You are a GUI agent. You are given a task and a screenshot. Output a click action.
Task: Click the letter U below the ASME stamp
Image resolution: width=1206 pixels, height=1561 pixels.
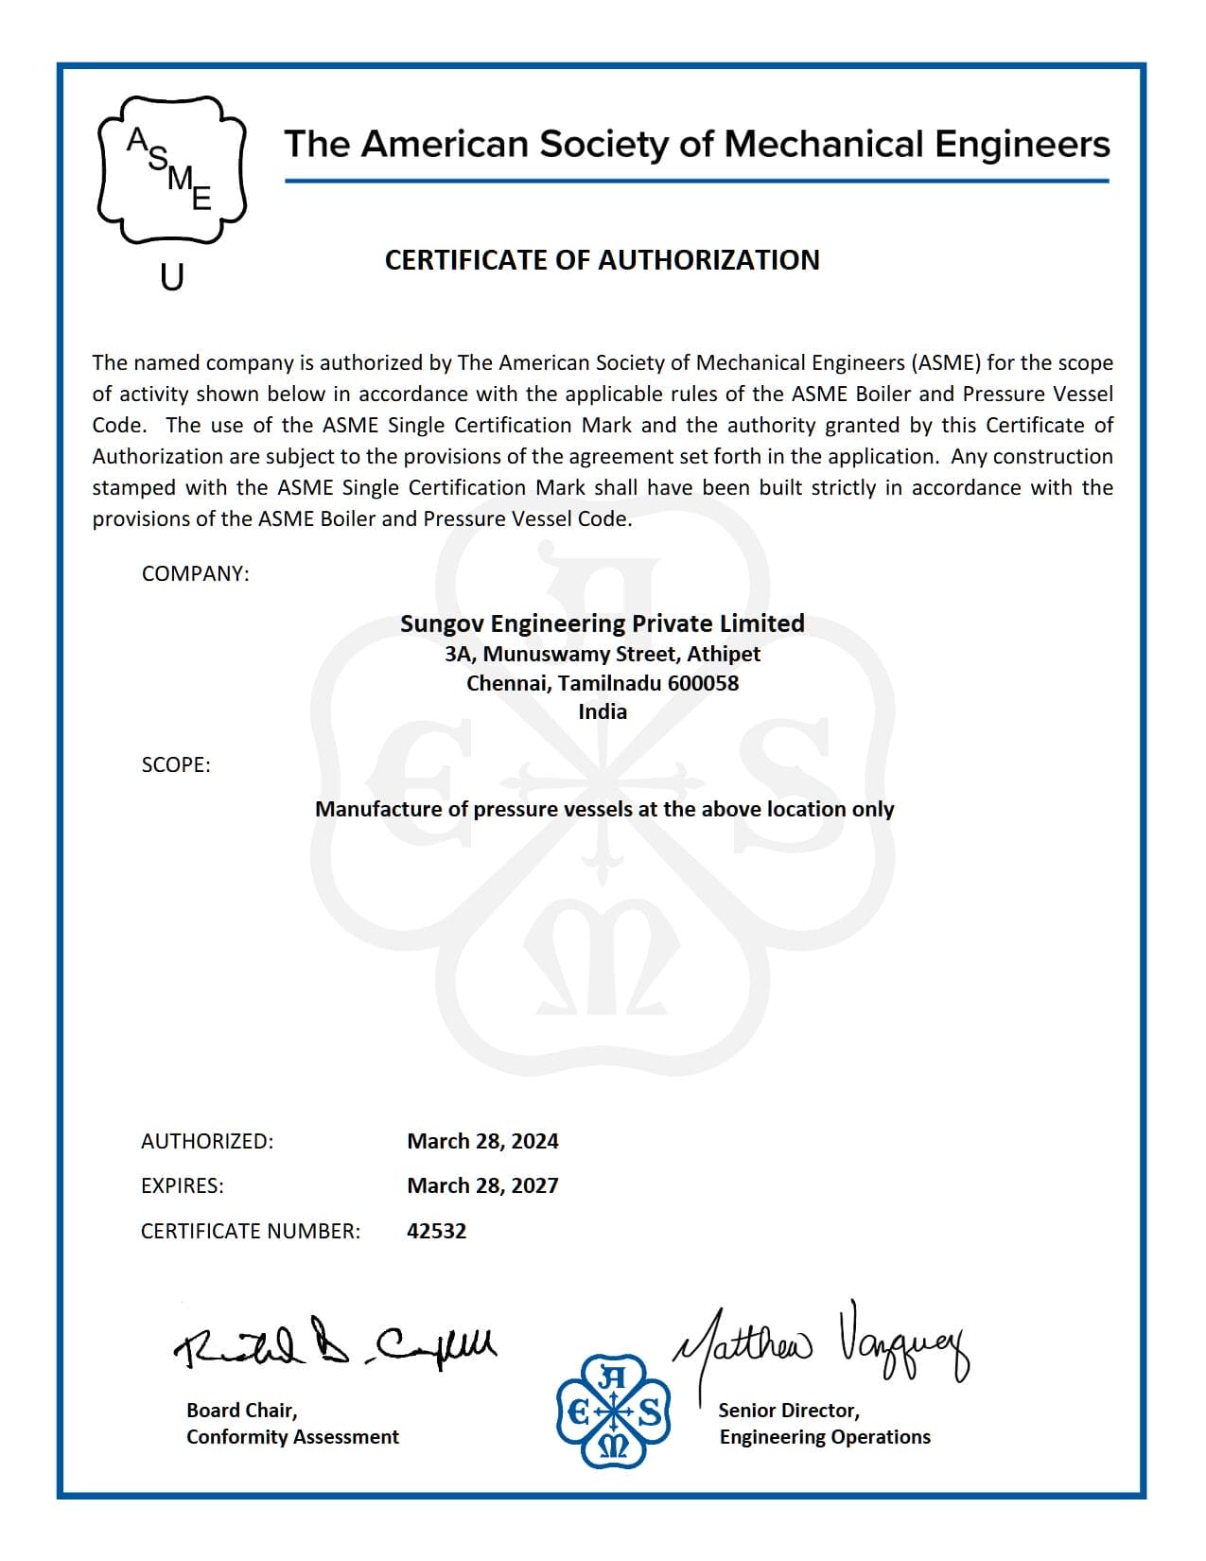[171, 277]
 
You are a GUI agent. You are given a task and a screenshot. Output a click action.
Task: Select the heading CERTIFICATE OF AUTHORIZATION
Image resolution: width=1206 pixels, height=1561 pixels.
[602, 260]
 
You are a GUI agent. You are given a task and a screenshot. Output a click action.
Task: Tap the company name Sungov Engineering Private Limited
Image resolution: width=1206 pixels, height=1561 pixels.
[602, 623]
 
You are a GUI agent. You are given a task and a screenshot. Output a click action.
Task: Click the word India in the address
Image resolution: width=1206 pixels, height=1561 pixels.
[603, 711]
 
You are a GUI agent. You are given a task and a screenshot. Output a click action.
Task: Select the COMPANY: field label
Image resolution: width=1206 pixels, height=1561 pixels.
[195, 574]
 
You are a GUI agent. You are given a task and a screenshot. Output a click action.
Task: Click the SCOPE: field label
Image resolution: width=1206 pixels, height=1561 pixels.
[176, 764]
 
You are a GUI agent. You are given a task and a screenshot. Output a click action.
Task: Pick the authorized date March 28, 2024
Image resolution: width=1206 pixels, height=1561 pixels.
[482, 1141]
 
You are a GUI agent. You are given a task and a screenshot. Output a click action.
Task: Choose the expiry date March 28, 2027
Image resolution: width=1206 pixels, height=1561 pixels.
[482, 1185]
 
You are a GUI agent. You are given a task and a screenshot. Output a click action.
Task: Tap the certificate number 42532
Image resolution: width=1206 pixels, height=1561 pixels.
[436, 1231]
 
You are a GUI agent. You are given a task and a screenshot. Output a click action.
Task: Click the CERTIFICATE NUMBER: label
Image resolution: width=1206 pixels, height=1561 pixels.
[251, 1231]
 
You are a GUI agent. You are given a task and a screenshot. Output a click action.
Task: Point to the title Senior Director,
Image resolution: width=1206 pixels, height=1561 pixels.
[789, 1411]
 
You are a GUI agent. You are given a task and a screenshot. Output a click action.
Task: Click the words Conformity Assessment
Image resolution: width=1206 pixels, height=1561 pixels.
[292, 1437]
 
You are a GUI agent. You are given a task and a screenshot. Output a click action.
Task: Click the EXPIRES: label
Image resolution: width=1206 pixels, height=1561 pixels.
[183, 1185]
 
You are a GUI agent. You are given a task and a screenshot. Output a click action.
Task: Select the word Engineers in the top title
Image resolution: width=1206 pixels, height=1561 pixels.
[1022, 144]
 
